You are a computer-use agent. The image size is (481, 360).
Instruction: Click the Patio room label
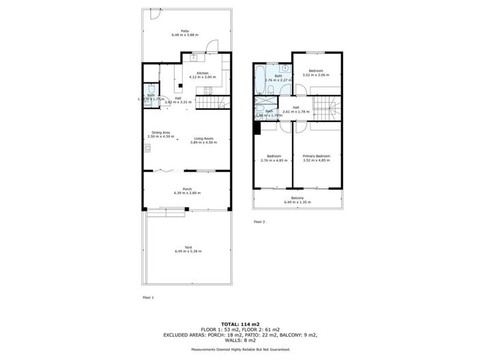click(x=185, y=30)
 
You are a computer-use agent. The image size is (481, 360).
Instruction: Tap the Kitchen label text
click(x=203, y=74)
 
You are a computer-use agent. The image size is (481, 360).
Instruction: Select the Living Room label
click(x=203, y=139)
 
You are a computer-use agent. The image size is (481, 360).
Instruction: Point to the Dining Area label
click(x=161, y=133)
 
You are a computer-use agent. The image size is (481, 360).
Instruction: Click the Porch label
click(x=186, y=190)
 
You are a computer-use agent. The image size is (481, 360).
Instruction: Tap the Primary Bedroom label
click(x=317, y=157)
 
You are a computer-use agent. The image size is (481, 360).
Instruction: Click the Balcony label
click(x=297, y=198)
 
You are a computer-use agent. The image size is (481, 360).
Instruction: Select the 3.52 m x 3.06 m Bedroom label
click(x=315, y=72)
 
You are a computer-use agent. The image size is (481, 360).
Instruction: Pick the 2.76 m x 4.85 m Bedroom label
click(x=274, y=157)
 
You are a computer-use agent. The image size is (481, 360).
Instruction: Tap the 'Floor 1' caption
click(x=148, y=298)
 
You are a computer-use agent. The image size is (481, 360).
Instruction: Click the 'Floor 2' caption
click(x=259, y=222)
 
